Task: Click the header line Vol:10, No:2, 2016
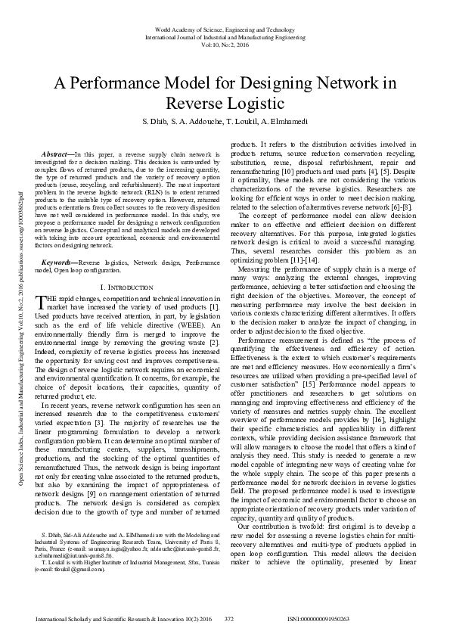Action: click(225, 44)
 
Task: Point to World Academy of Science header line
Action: click(225, 29)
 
